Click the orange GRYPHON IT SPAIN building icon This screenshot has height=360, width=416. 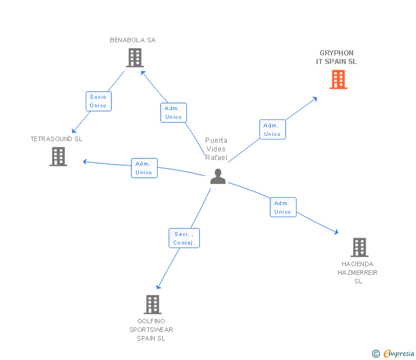tap(338, 79)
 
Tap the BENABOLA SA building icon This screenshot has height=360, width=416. tap(134, 57)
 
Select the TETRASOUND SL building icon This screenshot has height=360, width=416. tap(58, 156)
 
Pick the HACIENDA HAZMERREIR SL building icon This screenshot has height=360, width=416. tap(359, 247)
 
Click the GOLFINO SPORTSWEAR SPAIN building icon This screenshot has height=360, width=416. tap(152, 304)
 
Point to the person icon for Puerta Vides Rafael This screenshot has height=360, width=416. tap(218, 176)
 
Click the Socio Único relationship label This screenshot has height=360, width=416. tap(98, 101)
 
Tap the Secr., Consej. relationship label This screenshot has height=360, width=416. tap(185, 238)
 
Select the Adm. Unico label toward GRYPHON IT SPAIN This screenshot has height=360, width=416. tap(272, 130)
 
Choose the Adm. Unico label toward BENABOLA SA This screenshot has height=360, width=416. tap(173, 113)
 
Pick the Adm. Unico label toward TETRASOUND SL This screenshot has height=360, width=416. tap(144, 168)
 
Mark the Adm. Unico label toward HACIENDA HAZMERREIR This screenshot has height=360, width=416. tap(283, 207)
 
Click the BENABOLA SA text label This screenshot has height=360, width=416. tap(133, 40)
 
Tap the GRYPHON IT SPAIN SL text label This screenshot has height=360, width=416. tap(337, 57)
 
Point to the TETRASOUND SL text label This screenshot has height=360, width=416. tap(57, 139)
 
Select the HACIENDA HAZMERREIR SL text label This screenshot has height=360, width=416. tap(358, 273)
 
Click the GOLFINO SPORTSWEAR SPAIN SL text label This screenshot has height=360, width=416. tap(151, 330)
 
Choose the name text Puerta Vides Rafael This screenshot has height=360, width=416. tap(216, 149)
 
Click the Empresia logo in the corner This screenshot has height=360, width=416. tap(398, 354)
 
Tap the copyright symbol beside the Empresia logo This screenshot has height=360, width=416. tap(375, 354)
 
